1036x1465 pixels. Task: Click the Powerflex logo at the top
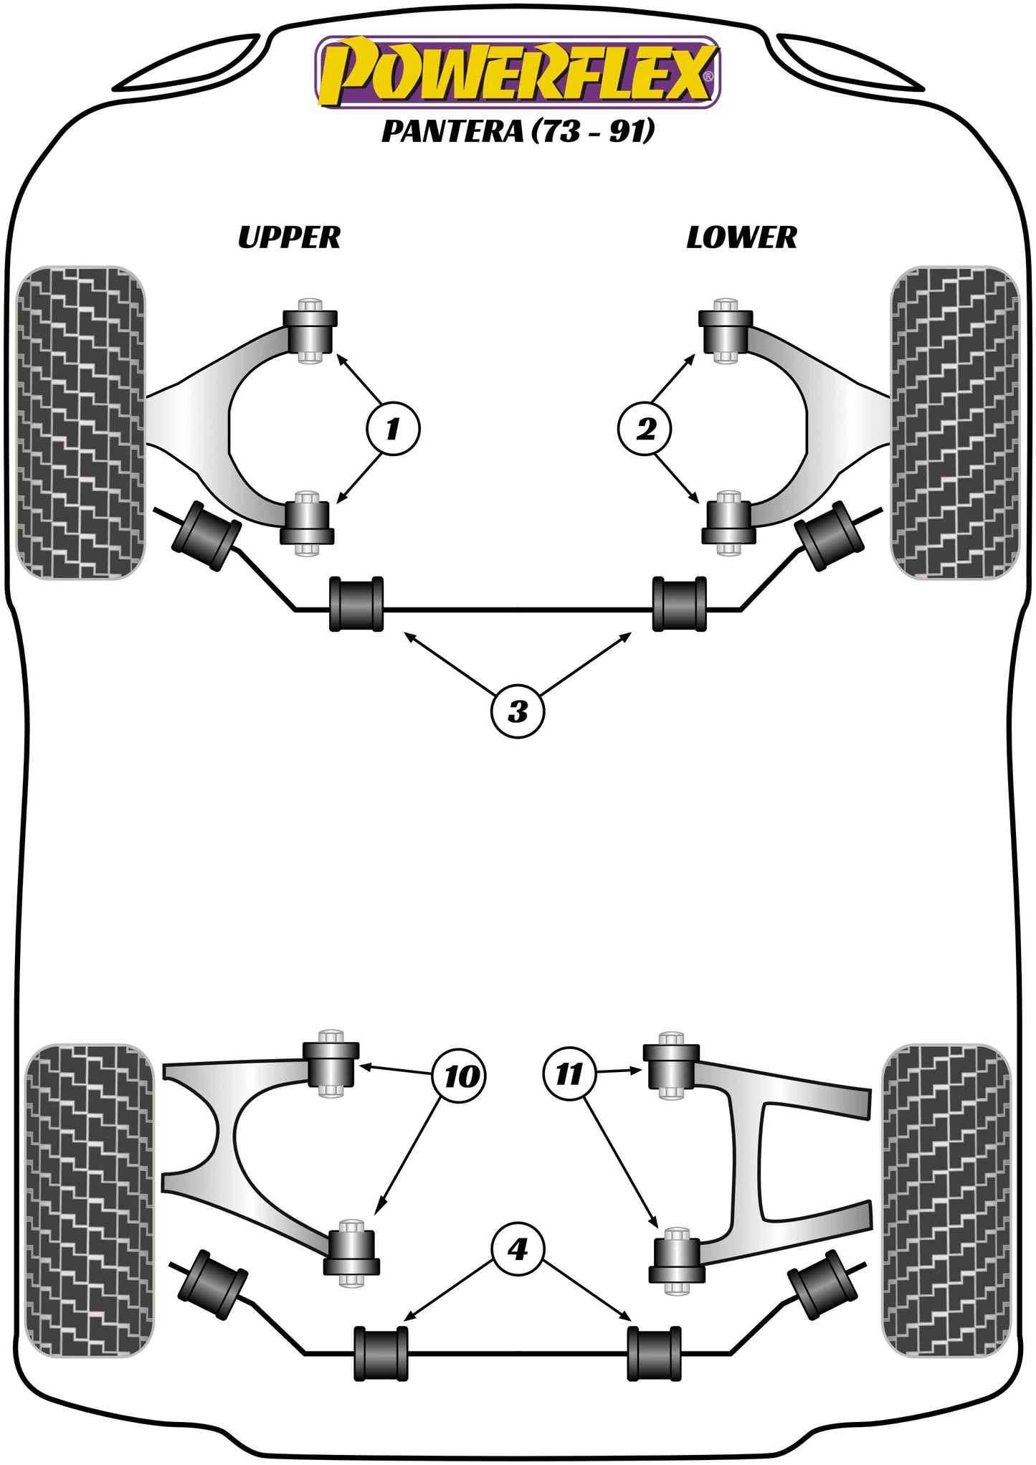[518, 73]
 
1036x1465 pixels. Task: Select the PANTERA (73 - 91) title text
[518, 131]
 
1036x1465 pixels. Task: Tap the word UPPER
[289, 237]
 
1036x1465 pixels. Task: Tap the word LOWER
[741, 237]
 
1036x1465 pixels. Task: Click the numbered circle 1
[392, 430]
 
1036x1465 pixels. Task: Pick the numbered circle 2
[645, 430]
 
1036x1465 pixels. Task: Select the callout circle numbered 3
[518, 712]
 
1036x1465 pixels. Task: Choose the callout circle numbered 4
[517, 1250]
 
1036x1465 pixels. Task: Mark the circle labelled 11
[569, 1074]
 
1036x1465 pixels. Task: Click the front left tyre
[80, 423]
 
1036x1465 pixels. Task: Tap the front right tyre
[954, 423]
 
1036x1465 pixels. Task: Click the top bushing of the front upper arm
[310, 331]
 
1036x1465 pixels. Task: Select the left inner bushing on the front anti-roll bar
[356, 604]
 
